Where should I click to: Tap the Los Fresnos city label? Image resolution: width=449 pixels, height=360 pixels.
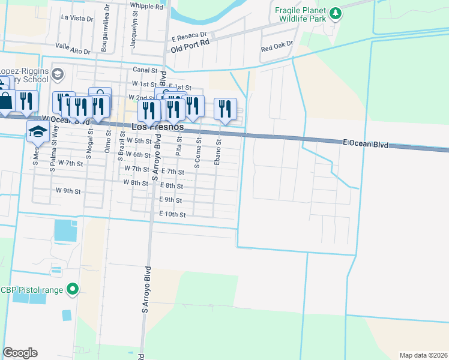click(157, 127)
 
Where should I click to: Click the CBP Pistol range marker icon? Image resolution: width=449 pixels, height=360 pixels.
click(73, 290)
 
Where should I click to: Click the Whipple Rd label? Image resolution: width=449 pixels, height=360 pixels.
click(146, 7)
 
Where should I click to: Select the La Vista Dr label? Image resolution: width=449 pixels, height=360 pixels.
click(77, 18)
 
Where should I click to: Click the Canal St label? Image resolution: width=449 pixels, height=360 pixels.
click(145, 70)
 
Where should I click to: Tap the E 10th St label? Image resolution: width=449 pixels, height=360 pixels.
click(172, 214)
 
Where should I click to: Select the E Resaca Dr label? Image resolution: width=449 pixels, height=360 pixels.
click(189, 35)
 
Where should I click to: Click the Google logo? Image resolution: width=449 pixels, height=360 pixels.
click(20, 353)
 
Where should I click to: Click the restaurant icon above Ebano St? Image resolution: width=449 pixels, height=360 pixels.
click(225, 108)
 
